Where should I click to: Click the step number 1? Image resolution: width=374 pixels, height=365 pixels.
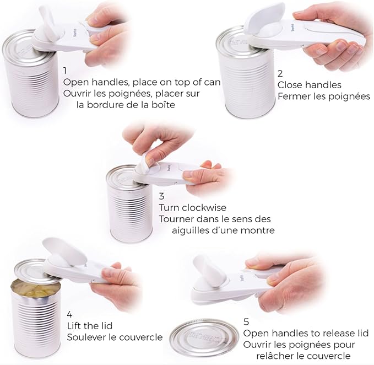(x=66, y=71)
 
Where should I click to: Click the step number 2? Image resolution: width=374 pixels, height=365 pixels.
(x=280, y=73)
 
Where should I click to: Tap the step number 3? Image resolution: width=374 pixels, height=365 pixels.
(x=162, y=196)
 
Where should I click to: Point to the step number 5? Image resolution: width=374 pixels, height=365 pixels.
(x=246, y=321)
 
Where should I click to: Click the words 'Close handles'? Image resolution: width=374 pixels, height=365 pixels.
(x=309, y=85)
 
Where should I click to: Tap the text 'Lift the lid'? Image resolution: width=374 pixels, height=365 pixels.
(x=90, y=326)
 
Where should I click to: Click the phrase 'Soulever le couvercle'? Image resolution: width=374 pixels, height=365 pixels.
(x=115, y=337)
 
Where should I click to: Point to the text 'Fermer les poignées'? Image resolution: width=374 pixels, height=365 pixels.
(x=323, y=96)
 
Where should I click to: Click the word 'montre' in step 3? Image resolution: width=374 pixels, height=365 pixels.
(x=257, y=230)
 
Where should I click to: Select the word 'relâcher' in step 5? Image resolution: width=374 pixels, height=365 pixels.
(x=273, y=356)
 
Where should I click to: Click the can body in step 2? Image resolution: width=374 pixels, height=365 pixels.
(x=242, y=83)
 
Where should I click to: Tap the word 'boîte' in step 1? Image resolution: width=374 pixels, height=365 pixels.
(x=161, y=105)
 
